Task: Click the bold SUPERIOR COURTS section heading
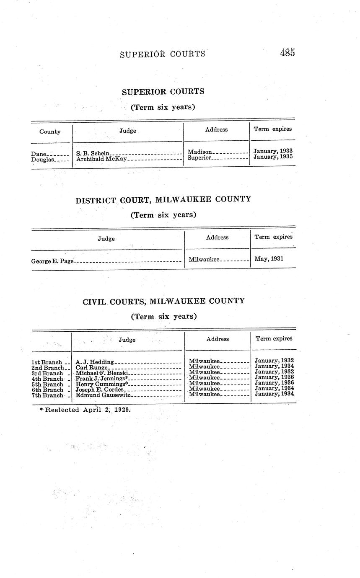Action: tap(163, 91)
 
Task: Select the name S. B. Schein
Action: tap(93, 153)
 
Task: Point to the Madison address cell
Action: tap(200, 152)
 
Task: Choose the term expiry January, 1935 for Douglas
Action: tap(273, 157)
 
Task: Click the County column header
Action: tap(50, 132)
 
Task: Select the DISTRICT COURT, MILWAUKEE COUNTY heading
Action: tap(163, 199)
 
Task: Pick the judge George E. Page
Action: tap(52, 261)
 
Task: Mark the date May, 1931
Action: tap(269, 259)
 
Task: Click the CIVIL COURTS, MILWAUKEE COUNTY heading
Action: tap(163, 301)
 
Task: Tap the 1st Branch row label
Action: tap(47, 362)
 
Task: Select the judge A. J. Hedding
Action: tap(95, 361)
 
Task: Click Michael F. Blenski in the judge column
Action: tap(101, 373)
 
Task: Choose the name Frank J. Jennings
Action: tap(101, 378)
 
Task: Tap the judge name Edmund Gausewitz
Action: tap(103, 395)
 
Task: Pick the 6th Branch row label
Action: tap(47, 390)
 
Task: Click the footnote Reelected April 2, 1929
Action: tap(85, 410)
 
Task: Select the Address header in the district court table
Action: tap(217, 237)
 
